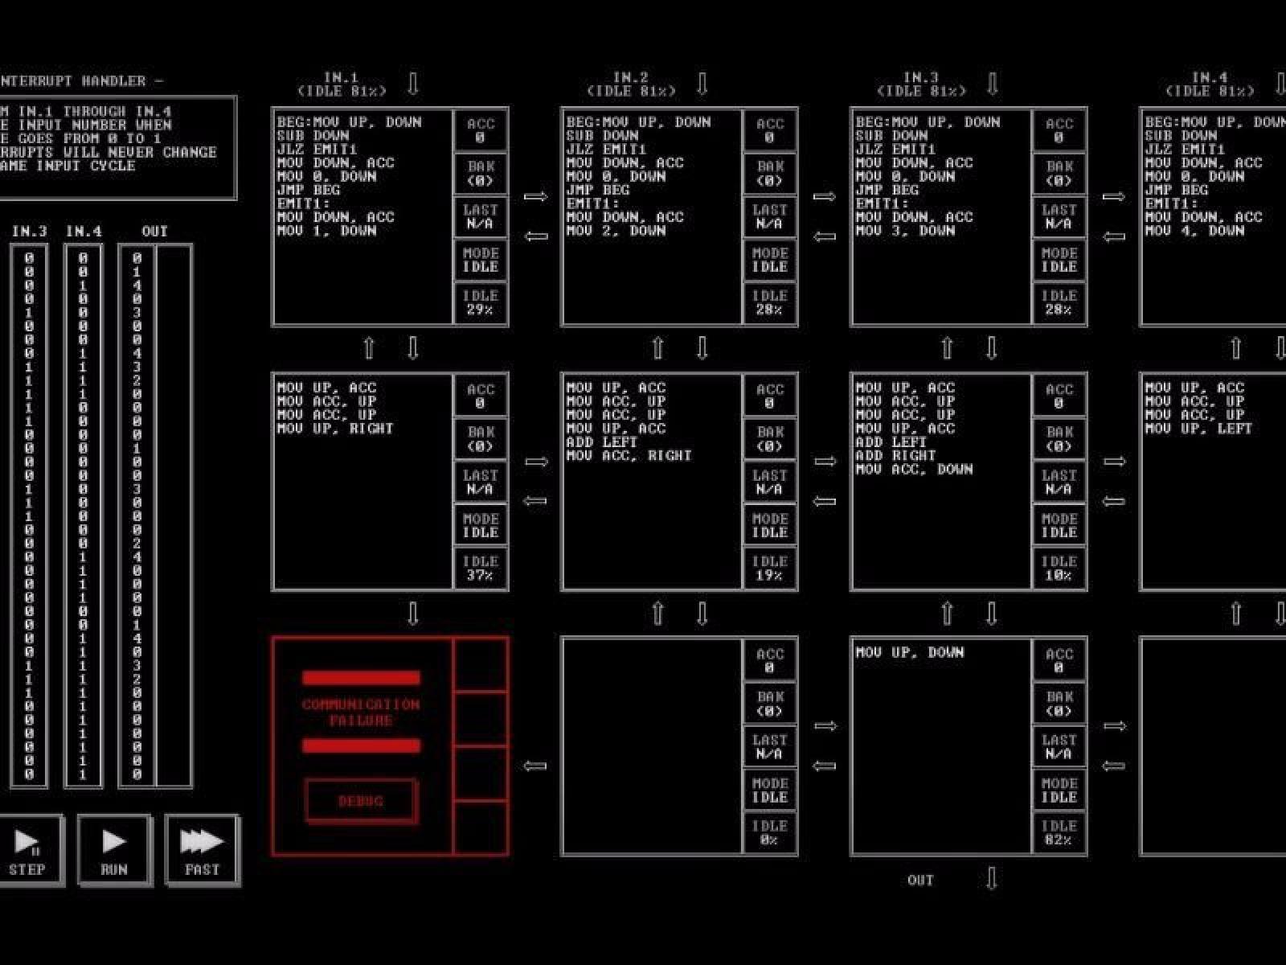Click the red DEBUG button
point(361,801)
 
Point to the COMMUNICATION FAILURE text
point(361,712)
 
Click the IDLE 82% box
point(1059,833)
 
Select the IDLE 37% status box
point(480,568)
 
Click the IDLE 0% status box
point(769,833)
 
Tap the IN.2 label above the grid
point(631,78)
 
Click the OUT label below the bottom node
point(920,881)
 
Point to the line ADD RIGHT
point(896,455)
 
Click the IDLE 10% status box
point(1059,568)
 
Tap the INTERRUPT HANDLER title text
point(80,81)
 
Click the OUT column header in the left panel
point(154,232)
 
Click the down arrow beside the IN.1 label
point(413,84)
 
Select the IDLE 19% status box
point(769,568)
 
